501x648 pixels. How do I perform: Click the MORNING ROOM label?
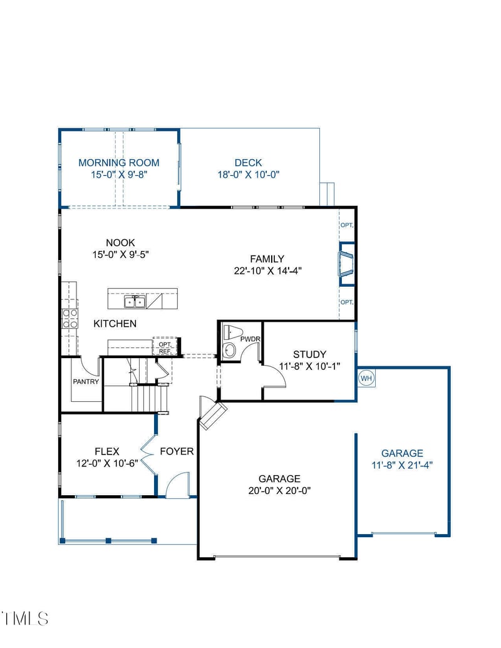pos(118,163)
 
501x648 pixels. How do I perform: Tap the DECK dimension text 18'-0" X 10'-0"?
pos(248,175)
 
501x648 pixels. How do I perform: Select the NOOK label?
pos(120,243)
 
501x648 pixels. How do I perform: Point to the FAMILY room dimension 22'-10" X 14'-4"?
pos(267,270)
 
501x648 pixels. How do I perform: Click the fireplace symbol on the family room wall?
pos(346,264)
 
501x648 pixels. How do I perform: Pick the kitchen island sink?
pos(135,302)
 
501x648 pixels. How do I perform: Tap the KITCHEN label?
pos(115,324)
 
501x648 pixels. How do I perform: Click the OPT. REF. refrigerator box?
pos(165,347)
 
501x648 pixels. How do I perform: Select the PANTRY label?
pos(86,381)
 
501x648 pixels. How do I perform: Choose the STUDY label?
pos(309,354)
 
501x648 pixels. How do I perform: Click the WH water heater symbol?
pos(366,378)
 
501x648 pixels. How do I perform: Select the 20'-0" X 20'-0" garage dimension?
pos(279,490)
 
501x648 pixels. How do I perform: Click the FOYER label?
pos(177,451)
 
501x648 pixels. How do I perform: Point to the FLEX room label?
pos(106,451)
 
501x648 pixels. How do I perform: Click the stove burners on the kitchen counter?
pos(70,318)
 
